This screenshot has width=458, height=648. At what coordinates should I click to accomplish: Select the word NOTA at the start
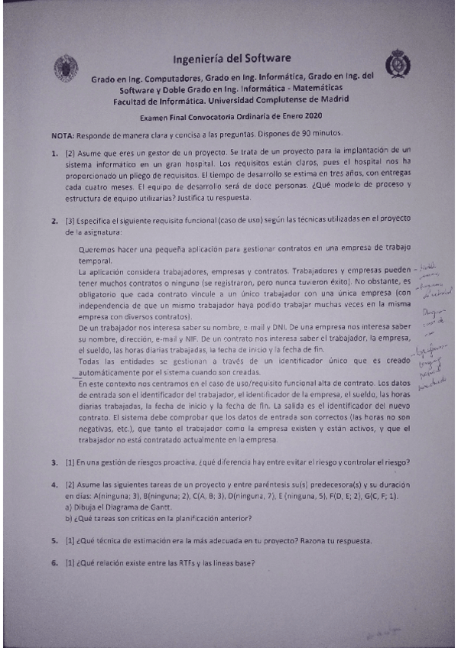tap(63, 134)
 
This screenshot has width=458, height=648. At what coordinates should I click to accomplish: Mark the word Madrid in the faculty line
tap(333, 99)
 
